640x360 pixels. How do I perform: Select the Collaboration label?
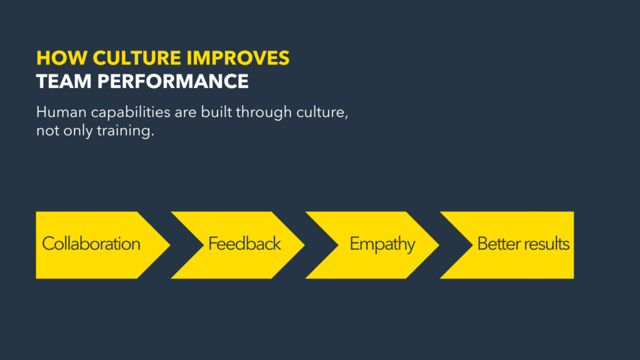[x=91, y=244]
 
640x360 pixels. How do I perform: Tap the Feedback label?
[x=245, y=244]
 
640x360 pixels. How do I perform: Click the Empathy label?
[x=382, y=244]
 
